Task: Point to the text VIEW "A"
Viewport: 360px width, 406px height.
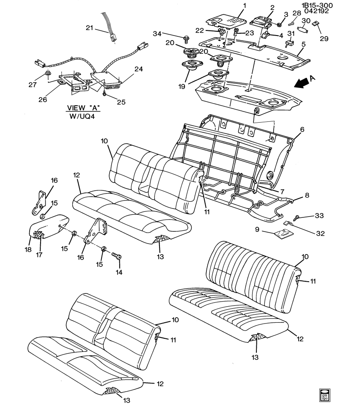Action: click(83, 108)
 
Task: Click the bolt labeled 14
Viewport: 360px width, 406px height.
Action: click(116, 256)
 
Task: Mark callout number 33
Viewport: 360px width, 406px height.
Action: click(319, 216)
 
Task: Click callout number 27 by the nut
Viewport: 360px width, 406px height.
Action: click(33, 85)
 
